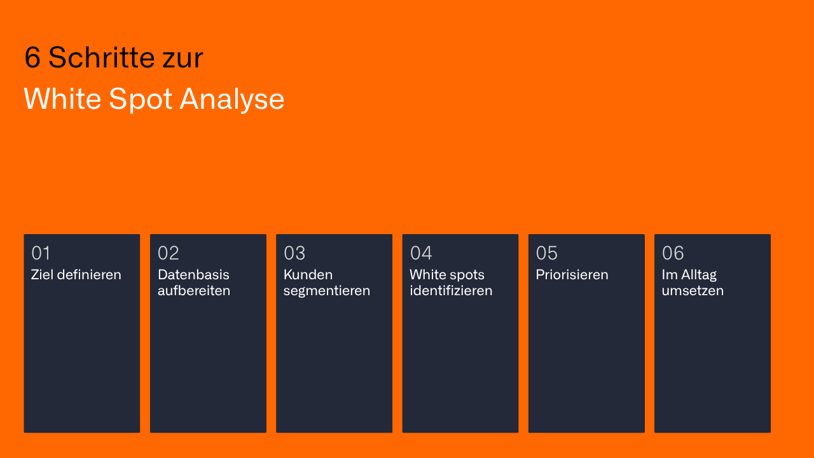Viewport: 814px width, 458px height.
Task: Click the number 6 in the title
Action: pos(32,58)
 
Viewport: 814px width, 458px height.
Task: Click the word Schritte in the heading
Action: pos(101,58)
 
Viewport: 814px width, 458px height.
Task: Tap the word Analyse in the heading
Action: pos(231,99)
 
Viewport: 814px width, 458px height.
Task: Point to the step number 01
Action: pos(41,253)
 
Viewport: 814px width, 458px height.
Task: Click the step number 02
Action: pos(169,253)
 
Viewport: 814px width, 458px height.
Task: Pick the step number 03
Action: pos(294,253)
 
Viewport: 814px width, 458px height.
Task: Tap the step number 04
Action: pos(421,253)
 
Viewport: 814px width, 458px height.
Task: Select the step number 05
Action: pos(547,253)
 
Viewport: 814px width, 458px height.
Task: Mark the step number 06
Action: pos(673,253)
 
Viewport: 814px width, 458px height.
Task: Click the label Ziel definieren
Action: pos(76,275)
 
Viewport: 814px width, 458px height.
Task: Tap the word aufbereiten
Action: pos(194,291)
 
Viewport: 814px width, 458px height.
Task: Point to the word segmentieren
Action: pos(327,291)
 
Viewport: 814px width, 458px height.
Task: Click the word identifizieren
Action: pos(451,291)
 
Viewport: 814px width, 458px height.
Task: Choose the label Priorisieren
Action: pos(572,275)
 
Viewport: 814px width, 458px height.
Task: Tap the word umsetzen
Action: pos(693,291)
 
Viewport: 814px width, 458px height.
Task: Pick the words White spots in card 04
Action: pos(447,275)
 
